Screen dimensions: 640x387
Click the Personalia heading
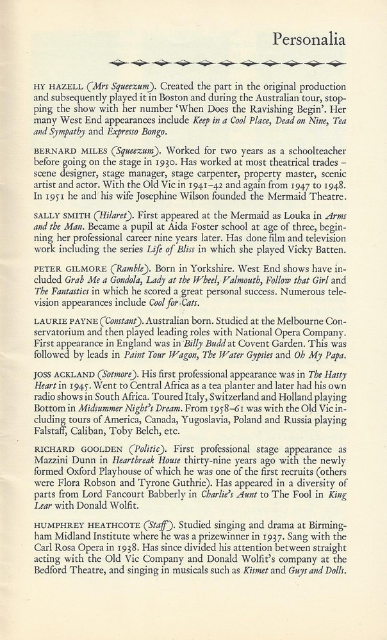point(309,41)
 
